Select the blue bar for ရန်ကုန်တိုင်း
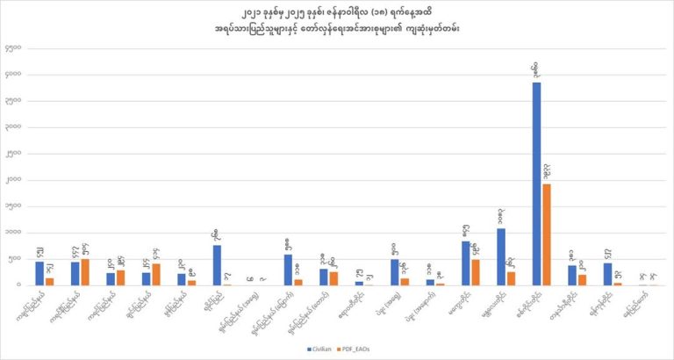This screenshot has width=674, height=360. click(607, 274)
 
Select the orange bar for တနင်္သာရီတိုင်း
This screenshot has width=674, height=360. click(582, 280)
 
